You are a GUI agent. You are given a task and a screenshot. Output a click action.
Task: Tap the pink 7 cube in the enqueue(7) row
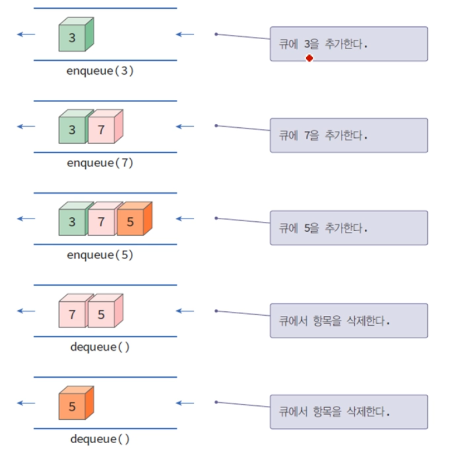[102, 130]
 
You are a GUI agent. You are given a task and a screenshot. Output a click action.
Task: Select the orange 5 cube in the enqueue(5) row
[131, 222]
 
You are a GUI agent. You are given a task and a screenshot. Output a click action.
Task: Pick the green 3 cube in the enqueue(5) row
[73, 222]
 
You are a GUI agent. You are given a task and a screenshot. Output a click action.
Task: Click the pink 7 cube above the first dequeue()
[73, 314]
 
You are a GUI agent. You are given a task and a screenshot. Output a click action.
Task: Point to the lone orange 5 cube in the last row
[73, 406]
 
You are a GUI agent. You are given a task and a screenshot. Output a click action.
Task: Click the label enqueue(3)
[100, 71]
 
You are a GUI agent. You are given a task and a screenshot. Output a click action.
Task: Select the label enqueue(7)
[100, 163]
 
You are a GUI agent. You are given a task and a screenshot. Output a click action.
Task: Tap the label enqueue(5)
[100, 255]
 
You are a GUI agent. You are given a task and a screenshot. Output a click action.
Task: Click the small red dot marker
[309, 58]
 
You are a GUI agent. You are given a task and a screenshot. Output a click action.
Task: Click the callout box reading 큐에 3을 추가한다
[348, 44]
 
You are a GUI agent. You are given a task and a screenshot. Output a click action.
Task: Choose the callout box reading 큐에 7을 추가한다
[348, 135]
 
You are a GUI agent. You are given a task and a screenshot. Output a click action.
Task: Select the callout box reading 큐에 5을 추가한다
[348, 228]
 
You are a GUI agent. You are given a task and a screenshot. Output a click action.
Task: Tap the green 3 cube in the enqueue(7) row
[73, 130]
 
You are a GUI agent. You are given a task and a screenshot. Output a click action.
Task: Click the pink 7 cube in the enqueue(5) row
[102, 222]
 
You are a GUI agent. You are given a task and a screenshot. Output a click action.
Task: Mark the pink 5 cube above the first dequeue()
[102, 314]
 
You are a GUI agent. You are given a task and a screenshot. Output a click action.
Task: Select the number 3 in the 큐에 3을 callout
[308, 44]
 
